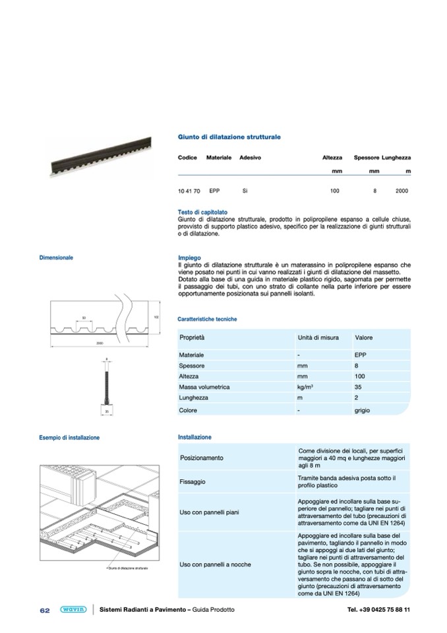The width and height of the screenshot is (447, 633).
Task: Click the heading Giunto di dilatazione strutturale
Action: click(229, 137)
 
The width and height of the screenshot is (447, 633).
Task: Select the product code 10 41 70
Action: click(189, 191)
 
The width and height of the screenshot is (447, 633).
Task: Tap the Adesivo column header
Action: click(251, 158)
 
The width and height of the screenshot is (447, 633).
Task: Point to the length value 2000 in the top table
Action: click(402, 191)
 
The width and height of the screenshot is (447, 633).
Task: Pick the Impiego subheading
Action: click(189, 257)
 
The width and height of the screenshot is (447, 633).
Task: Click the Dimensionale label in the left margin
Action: click(56, 257)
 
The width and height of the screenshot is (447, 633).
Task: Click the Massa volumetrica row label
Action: click(204, 386)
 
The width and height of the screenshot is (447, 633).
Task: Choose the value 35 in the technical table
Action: click(359, 386)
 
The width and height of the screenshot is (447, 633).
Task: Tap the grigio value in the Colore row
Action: click(362, 411)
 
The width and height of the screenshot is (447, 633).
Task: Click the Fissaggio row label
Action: click(193, 482)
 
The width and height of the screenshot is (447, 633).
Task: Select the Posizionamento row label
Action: click(202, 457)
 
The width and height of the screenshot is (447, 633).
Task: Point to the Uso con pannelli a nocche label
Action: click(215, 565)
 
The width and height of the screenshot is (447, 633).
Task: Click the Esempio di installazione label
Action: click(69, 438)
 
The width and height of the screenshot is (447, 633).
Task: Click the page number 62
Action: click(45, 611)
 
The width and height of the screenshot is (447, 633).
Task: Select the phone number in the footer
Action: click(378, 610)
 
